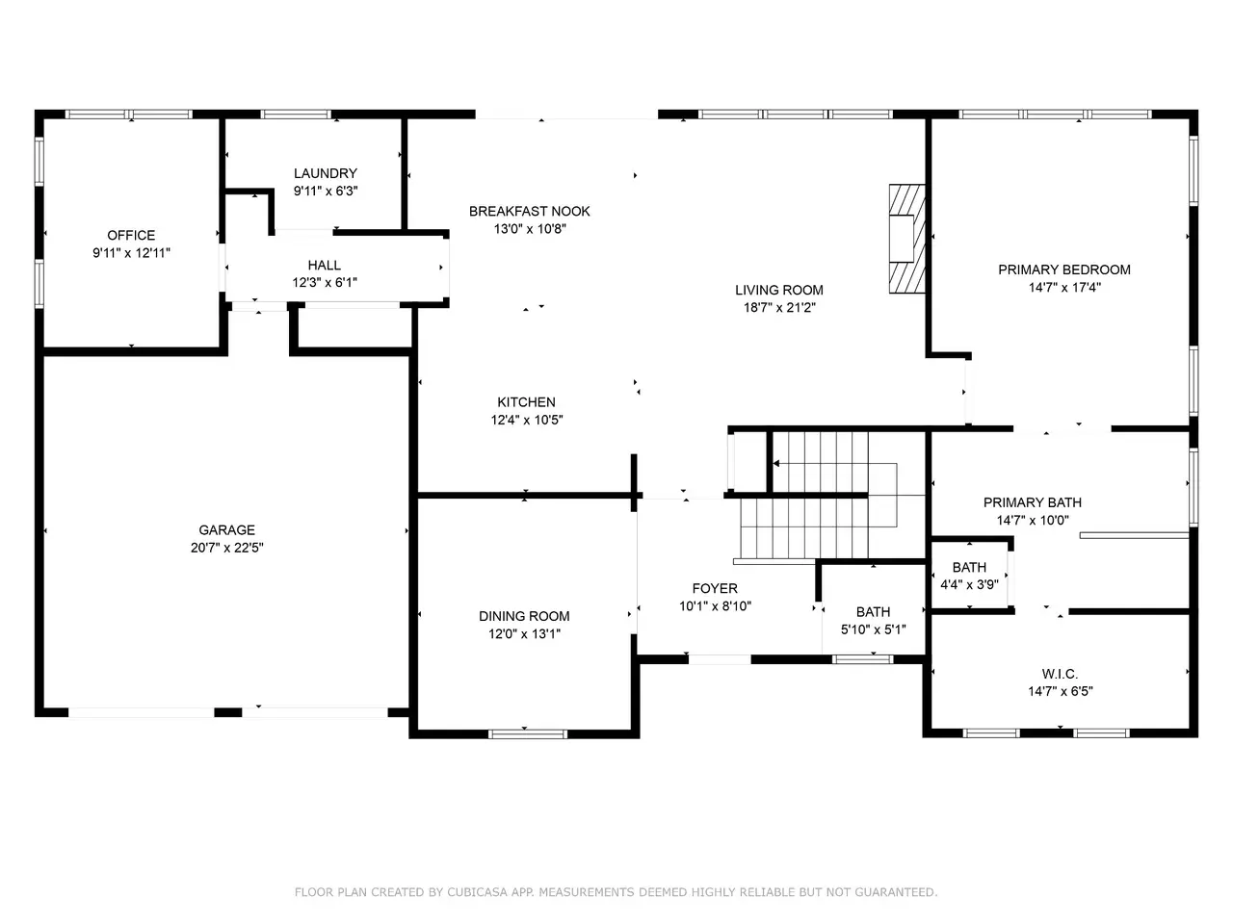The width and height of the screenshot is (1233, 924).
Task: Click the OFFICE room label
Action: [x=131, y=235]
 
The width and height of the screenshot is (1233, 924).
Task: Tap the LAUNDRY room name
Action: [x=326, y=173]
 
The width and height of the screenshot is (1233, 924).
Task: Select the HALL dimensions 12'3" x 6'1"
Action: [x=325, y=282]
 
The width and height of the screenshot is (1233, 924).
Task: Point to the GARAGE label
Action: [x=227, y=529]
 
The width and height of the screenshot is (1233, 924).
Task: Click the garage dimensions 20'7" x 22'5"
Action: [x=227, y=548]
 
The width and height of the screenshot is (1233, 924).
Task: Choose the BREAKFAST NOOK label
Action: [x=530, y=212]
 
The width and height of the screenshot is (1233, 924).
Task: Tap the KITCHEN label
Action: [x=526, y=402]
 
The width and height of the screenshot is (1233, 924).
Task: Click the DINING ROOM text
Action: [x=524, y=616]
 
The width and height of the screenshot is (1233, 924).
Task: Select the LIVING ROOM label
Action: [x=779, y=290]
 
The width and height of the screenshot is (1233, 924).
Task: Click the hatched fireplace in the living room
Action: [x=906, y=239]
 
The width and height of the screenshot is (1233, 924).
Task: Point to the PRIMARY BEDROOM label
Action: [x=1064, y=269]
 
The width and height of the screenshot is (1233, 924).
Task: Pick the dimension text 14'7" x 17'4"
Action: [x=1064, y=288]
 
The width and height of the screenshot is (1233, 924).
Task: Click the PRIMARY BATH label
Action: [x=1033, y=502]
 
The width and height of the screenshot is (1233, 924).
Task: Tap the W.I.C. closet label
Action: [x=1060, y=674]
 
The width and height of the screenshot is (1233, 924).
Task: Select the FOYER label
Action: [x=715, y=588]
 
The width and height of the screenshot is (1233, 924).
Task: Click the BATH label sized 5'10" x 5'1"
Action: [x=873, y=611]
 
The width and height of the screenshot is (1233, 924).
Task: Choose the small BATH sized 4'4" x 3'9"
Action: [x=969, y=567]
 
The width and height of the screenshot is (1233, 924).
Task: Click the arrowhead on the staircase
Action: [x=776, y=463]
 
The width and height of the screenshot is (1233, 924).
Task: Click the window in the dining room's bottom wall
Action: [x=528, y=733]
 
